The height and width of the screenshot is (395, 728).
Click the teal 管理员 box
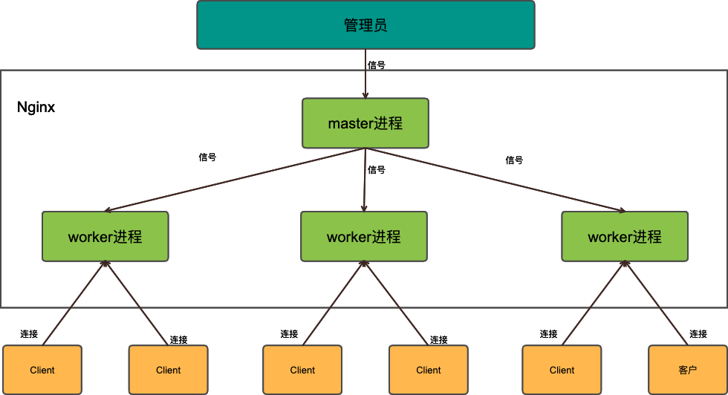(365, 25)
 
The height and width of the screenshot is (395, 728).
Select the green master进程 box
(365, 123)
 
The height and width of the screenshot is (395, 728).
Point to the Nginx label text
(36, 108)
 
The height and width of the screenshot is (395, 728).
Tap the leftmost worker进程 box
(105, 237)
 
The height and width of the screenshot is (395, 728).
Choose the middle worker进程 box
(364, 237)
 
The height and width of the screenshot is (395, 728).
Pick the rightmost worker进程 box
(625, 237)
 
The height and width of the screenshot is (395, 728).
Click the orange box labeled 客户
(688, 370)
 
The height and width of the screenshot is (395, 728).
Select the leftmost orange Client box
(42, 370)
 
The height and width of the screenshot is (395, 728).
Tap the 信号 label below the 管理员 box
(377, 65)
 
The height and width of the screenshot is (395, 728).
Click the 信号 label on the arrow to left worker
(208, 157)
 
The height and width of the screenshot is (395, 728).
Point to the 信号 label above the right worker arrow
(514, 160)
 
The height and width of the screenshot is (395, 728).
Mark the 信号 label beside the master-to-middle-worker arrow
(377, 169)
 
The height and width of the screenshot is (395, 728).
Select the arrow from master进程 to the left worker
(234, 179)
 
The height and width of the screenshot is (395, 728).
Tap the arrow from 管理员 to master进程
(365, 74)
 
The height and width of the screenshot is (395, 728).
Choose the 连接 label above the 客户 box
(698, 334)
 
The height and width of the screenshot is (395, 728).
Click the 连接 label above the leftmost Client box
(30, 334)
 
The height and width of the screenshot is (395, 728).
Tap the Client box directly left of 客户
(562, 370)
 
